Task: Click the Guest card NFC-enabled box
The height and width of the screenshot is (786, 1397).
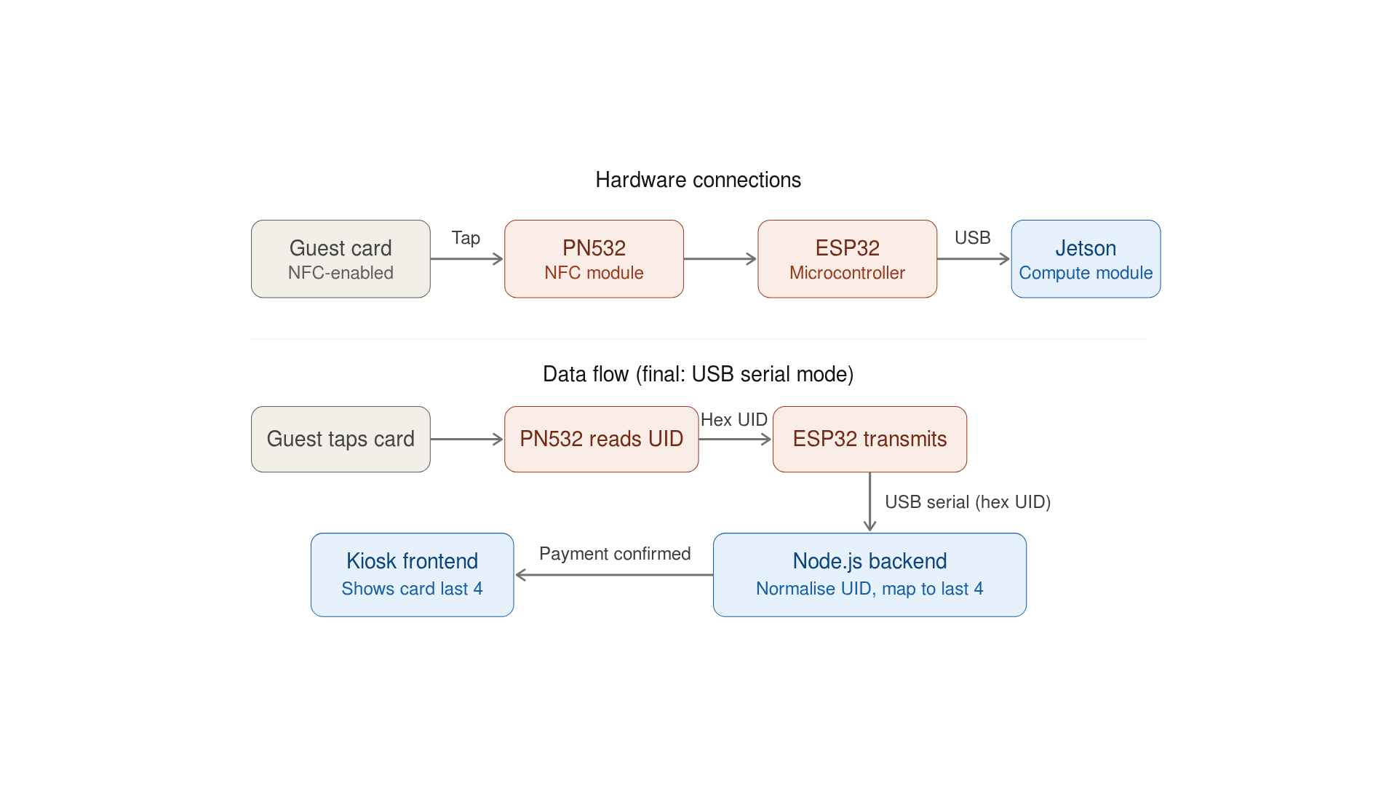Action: (x=341, y=259)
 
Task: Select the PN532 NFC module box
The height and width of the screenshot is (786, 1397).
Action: (x=594, y=259)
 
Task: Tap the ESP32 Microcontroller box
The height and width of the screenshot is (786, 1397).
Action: (x=847, y=259)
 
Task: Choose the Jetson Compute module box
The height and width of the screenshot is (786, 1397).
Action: (x=1086, y=259)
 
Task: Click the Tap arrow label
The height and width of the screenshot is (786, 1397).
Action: (x=466, y=238)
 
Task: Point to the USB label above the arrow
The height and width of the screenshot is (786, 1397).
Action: (x=972, y=238)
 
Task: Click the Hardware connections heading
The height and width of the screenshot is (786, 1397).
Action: (x=698, y=180)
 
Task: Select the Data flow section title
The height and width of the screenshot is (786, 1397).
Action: (x=698, y=374)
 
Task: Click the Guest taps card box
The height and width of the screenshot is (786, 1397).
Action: (x=341, y=439)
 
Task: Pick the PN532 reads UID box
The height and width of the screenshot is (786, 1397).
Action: (x=601, y=439)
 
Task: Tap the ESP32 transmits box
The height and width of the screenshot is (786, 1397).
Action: (x=869, y=439)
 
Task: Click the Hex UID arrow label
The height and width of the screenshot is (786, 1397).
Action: (x=733, y=420)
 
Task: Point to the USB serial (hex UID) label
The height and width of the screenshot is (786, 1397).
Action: (x=967, y=502)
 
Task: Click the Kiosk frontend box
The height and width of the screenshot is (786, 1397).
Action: (x=412, y=574)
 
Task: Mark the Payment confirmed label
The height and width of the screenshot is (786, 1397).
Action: (x=615, y=554)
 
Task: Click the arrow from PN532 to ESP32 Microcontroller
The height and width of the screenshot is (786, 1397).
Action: (x=720, y=259)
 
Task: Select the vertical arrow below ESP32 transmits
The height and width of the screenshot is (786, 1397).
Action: (x=869, y=502)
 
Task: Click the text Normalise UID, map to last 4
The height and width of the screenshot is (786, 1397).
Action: (x=869, y=589)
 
